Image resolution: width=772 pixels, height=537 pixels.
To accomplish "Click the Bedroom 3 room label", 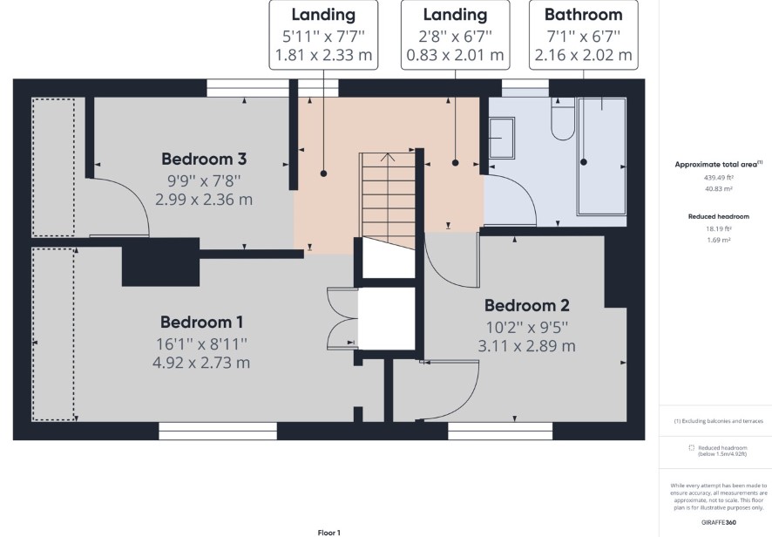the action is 204,160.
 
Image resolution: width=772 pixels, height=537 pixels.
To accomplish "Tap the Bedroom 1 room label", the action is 201,323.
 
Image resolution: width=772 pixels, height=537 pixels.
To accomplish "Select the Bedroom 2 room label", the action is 527,305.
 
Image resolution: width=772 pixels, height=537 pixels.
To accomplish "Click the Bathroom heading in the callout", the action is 584,14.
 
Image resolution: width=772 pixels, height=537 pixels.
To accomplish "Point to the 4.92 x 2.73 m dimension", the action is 201,363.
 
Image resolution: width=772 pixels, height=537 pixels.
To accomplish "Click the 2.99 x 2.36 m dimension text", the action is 204,200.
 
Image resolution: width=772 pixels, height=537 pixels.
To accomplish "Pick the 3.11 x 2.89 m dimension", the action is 527,346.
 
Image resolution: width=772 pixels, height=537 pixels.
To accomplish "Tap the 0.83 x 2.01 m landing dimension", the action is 455,55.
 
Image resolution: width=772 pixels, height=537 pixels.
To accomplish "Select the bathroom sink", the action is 502,138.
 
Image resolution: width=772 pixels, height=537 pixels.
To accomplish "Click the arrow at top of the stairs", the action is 389,158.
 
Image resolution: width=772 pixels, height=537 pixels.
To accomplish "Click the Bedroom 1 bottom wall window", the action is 218,431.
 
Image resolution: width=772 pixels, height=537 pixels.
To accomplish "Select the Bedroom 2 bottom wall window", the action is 500,431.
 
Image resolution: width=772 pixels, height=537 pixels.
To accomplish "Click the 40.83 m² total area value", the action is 719,188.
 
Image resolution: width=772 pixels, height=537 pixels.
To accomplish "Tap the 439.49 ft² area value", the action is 719,177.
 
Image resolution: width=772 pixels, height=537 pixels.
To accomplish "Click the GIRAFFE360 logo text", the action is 719,523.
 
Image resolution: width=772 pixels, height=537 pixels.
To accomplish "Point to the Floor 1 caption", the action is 328,533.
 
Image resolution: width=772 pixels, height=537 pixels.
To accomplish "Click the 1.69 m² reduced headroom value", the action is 719,240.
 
